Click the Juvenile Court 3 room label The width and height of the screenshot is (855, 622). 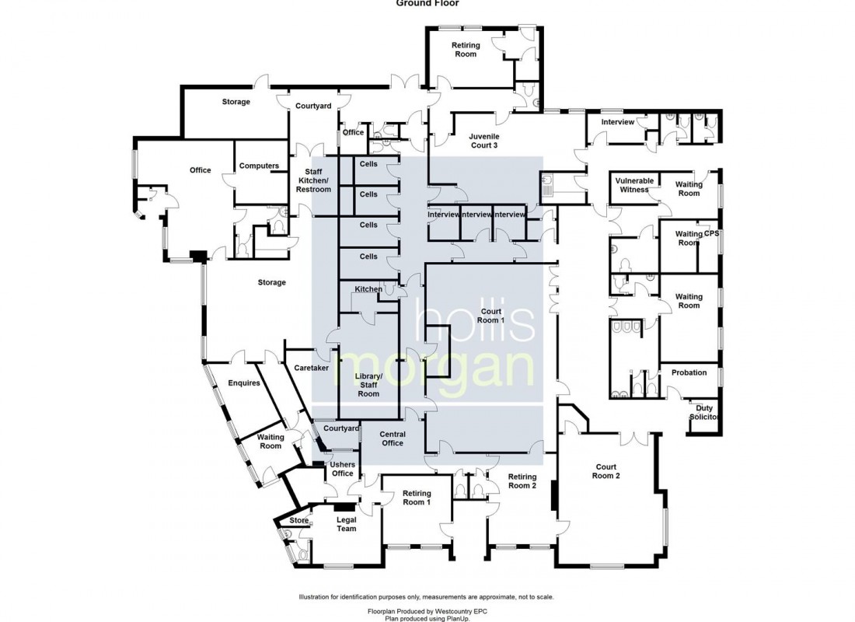483,140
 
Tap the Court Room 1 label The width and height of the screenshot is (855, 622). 491,316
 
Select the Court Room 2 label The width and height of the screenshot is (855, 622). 605,472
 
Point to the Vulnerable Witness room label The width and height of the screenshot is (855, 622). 634,185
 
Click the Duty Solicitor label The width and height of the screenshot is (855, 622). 704,413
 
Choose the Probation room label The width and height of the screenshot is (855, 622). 689,372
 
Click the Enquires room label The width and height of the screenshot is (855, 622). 243,383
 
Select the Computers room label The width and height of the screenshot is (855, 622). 259,166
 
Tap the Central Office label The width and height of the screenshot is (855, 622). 393,439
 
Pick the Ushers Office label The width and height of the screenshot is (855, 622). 342,469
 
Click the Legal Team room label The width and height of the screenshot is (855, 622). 346,524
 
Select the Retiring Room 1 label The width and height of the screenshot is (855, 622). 417,498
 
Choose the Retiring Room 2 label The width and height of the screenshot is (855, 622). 522,481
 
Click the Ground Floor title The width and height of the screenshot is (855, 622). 427,3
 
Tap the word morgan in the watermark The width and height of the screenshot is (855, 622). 435,368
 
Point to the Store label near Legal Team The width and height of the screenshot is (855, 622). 299,521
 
